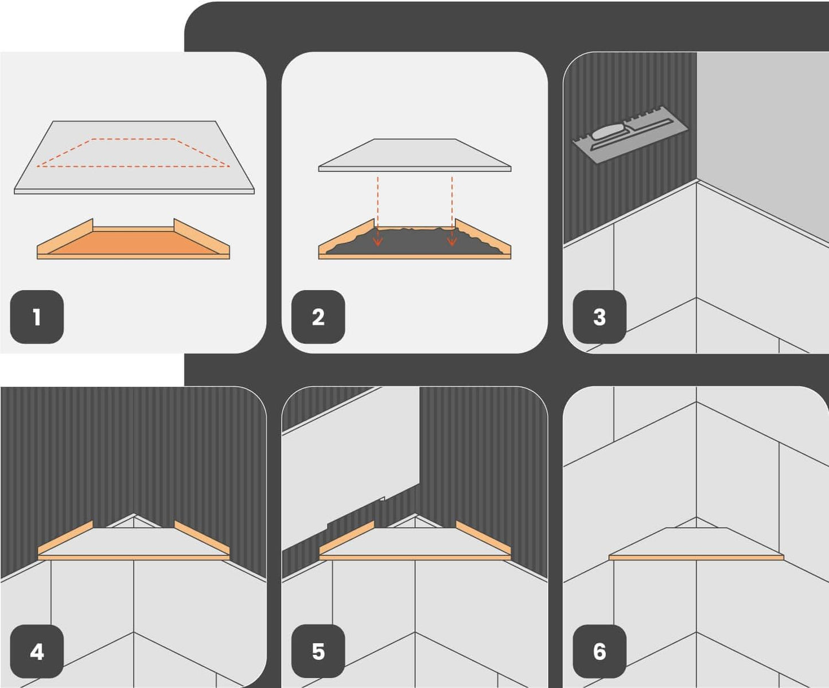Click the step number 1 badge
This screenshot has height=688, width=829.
point(37,317)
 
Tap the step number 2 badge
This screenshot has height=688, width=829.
point(318,317)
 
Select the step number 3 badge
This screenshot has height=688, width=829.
point(600,317)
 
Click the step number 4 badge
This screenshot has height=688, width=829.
point(37,651)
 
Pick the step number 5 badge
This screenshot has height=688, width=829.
point(318,651)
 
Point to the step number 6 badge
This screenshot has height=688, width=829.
point(600,651)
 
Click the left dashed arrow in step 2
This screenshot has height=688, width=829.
point(377,211)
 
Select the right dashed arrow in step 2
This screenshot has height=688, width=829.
point(452,211)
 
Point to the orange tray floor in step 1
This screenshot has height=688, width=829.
point(134,243)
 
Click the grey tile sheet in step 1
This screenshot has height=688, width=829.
point(134,157)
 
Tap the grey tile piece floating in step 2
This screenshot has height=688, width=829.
point(415,155)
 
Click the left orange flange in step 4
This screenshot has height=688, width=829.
point(65,538)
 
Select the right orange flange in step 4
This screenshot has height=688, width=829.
point(202,538)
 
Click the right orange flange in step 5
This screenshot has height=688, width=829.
point(483,538)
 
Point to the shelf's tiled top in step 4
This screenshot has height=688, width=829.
point(134,542)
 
